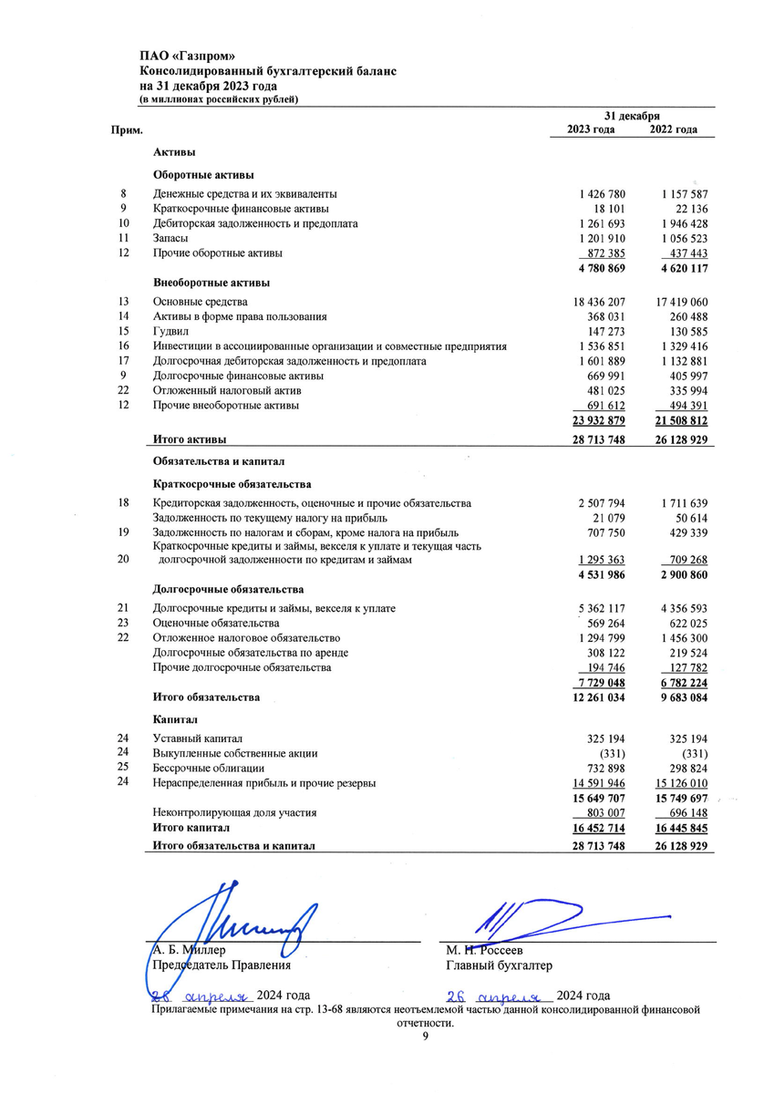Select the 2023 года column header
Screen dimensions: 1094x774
click(x=591, y=129)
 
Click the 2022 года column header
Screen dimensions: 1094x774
click(x=674, y=129)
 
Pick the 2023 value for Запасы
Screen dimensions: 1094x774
click(x=602, y=238)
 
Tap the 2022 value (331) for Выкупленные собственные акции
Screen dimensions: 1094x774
click(x=690, y=753)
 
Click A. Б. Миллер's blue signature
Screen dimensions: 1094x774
click(x=237, y=921)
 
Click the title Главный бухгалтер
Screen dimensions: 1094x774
click(x=499, y=965)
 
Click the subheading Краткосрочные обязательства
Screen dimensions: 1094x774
click(x=232, y=484)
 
